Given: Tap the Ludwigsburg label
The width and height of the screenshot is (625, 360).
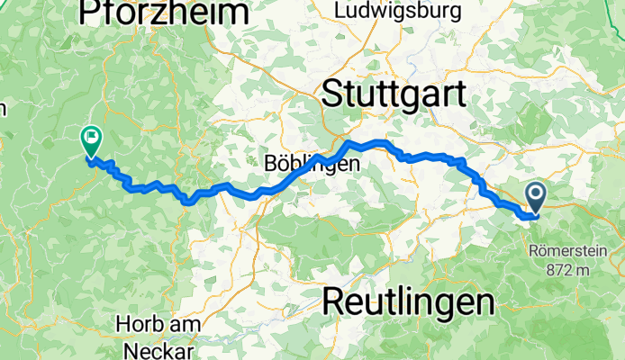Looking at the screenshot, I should tap(398, 11).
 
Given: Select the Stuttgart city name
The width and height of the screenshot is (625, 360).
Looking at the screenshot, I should tap(394, 94).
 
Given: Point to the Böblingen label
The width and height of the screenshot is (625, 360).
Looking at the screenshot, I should tap(312, 165).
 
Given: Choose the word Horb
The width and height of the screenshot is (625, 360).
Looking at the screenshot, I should tap(135, 322).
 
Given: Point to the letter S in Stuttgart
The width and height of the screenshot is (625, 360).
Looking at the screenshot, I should tap(333, 94).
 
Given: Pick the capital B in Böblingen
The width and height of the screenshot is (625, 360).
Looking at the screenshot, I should tap(271, 165).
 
